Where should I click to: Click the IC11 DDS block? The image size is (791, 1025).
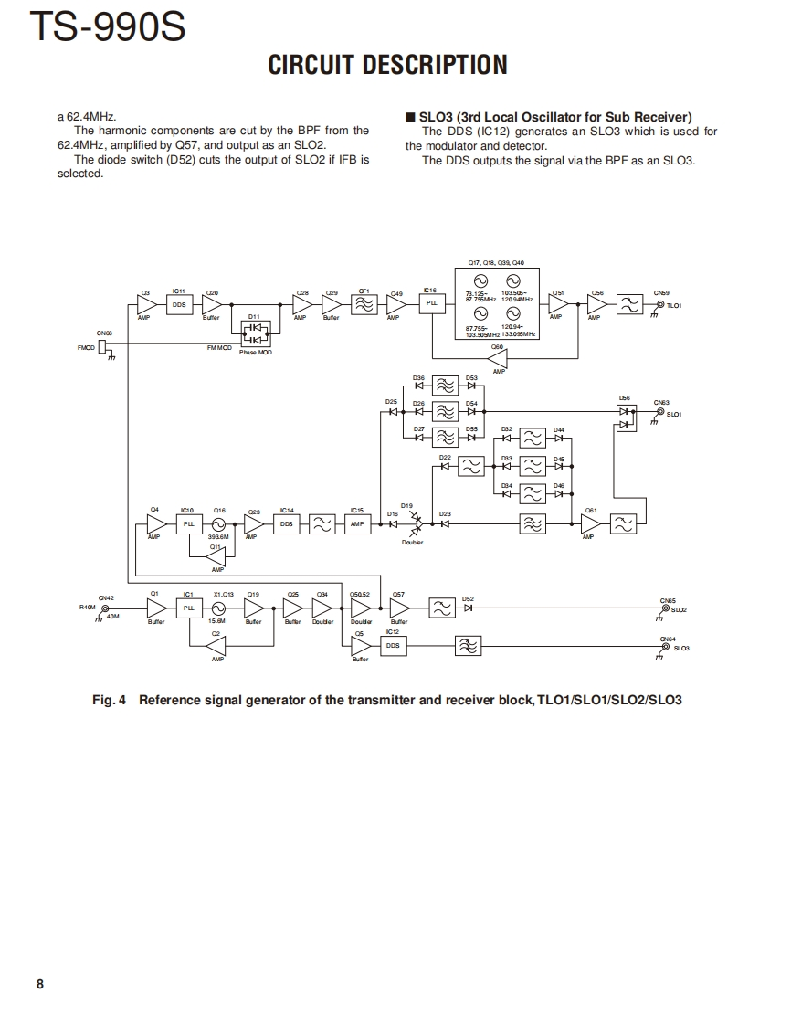[179, 305]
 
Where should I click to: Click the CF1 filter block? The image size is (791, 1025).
[364, 305]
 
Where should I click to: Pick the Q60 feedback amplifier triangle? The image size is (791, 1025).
[498, 359]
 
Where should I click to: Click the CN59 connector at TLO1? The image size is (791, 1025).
[660, 305]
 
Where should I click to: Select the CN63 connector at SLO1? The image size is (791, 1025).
[660, 412]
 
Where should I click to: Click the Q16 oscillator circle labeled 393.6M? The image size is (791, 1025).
[218, 524]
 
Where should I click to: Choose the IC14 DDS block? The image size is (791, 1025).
[287, 524]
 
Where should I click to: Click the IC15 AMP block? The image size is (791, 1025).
[357, 524]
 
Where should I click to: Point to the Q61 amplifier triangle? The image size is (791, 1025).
[591, 524]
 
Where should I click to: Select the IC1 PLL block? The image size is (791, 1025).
[189, 608]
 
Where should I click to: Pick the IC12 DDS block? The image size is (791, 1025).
[393, 645]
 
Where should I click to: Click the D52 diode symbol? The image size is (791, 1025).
[468, 608]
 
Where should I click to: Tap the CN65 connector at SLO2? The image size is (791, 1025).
[665, 608]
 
